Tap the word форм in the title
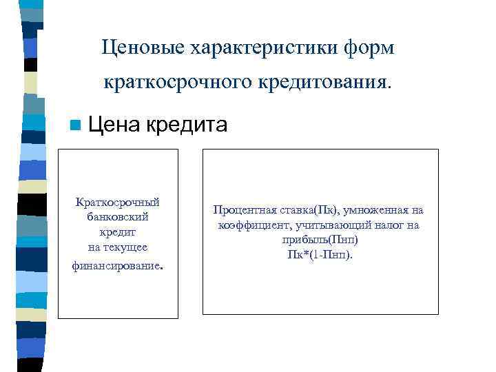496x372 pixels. click(371, 48)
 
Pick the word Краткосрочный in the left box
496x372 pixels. click(118, 202)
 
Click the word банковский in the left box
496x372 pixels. click(118, 217)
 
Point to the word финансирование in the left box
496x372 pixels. click(116, 264)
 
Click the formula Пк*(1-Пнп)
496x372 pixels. click(320, 255)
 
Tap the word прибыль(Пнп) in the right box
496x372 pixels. click(320, 240)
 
